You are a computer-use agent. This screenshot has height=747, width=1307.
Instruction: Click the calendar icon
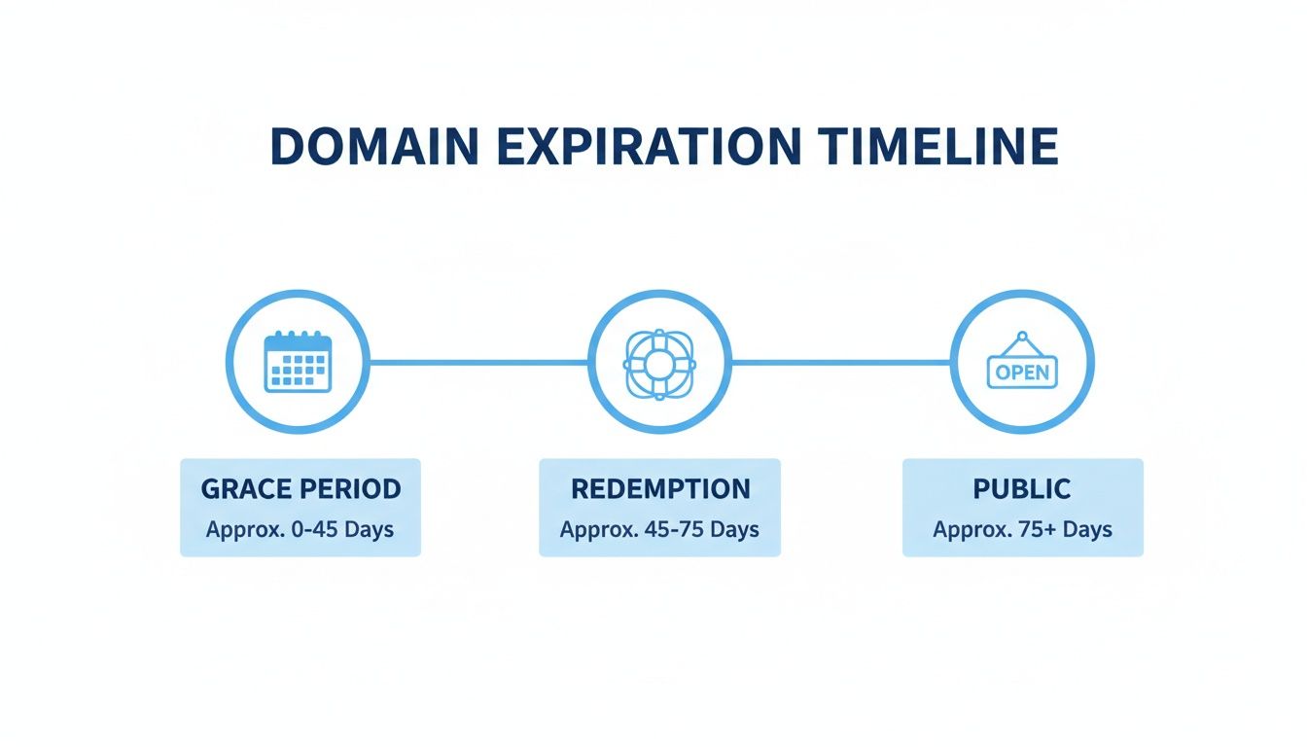tap(299, 362)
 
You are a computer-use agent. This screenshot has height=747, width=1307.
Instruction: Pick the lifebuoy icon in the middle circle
tap(659, 363)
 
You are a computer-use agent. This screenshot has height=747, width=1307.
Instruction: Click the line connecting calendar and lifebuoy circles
tap(478, 363)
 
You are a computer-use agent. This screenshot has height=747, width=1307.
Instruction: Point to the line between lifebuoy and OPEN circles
tap(840, 363)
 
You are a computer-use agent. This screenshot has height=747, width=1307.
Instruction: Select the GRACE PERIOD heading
tap(300, 489)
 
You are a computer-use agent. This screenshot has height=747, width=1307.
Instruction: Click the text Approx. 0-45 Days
tap(300, 530)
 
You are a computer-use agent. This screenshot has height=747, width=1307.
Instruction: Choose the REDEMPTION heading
tap(660, 489)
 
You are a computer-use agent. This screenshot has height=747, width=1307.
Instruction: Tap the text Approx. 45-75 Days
tap(660, 530)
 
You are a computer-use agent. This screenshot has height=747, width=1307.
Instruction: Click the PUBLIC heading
tap(1022, 489)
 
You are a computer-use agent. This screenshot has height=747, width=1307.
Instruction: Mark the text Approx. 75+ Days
tap(1022, 530)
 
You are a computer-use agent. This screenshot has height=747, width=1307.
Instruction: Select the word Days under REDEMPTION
tap(734, 530)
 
